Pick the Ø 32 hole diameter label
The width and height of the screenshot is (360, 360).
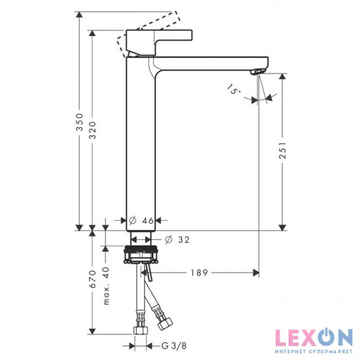pyautogui.click(x=177, y=240)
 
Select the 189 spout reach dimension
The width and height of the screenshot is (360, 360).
pyautogui.click(x=200, y=272)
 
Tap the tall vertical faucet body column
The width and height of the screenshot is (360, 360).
pyautogui.click(x=141, y=144)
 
